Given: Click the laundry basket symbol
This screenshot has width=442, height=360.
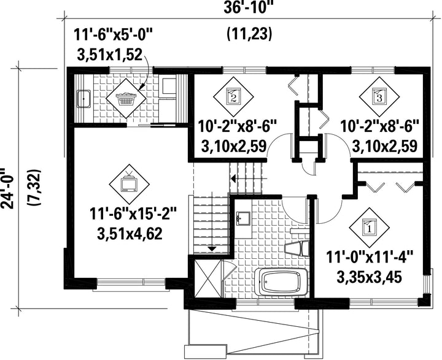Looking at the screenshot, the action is coord(126,98).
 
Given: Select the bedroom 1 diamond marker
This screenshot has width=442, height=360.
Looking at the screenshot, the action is coord(369,228).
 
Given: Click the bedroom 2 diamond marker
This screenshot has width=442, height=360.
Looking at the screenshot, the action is coord(233,96).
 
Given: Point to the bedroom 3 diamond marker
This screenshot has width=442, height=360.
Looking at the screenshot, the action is coord(379,96).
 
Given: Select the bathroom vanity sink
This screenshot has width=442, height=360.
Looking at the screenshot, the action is coord(242,218).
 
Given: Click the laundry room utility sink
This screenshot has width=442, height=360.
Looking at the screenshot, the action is coord(83,99).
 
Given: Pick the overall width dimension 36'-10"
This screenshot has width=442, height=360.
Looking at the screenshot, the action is coord(249,8).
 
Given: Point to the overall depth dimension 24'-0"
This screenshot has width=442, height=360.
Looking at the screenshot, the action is coord(8,188).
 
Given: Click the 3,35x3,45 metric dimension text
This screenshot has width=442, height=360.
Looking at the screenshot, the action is coord(370,277).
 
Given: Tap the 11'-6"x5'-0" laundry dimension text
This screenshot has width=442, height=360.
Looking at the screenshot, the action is coord(114,36).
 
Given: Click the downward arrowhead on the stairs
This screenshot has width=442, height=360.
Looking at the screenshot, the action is coord(212,248).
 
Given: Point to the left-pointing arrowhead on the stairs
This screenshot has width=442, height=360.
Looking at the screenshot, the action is coord(233,178).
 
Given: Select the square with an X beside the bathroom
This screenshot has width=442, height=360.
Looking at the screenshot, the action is coord(207,278).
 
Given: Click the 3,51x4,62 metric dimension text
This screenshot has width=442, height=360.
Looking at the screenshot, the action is coord(130,234).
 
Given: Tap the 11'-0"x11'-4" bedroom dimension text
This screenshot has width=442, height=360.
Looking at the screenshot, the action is coord(370,258).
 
